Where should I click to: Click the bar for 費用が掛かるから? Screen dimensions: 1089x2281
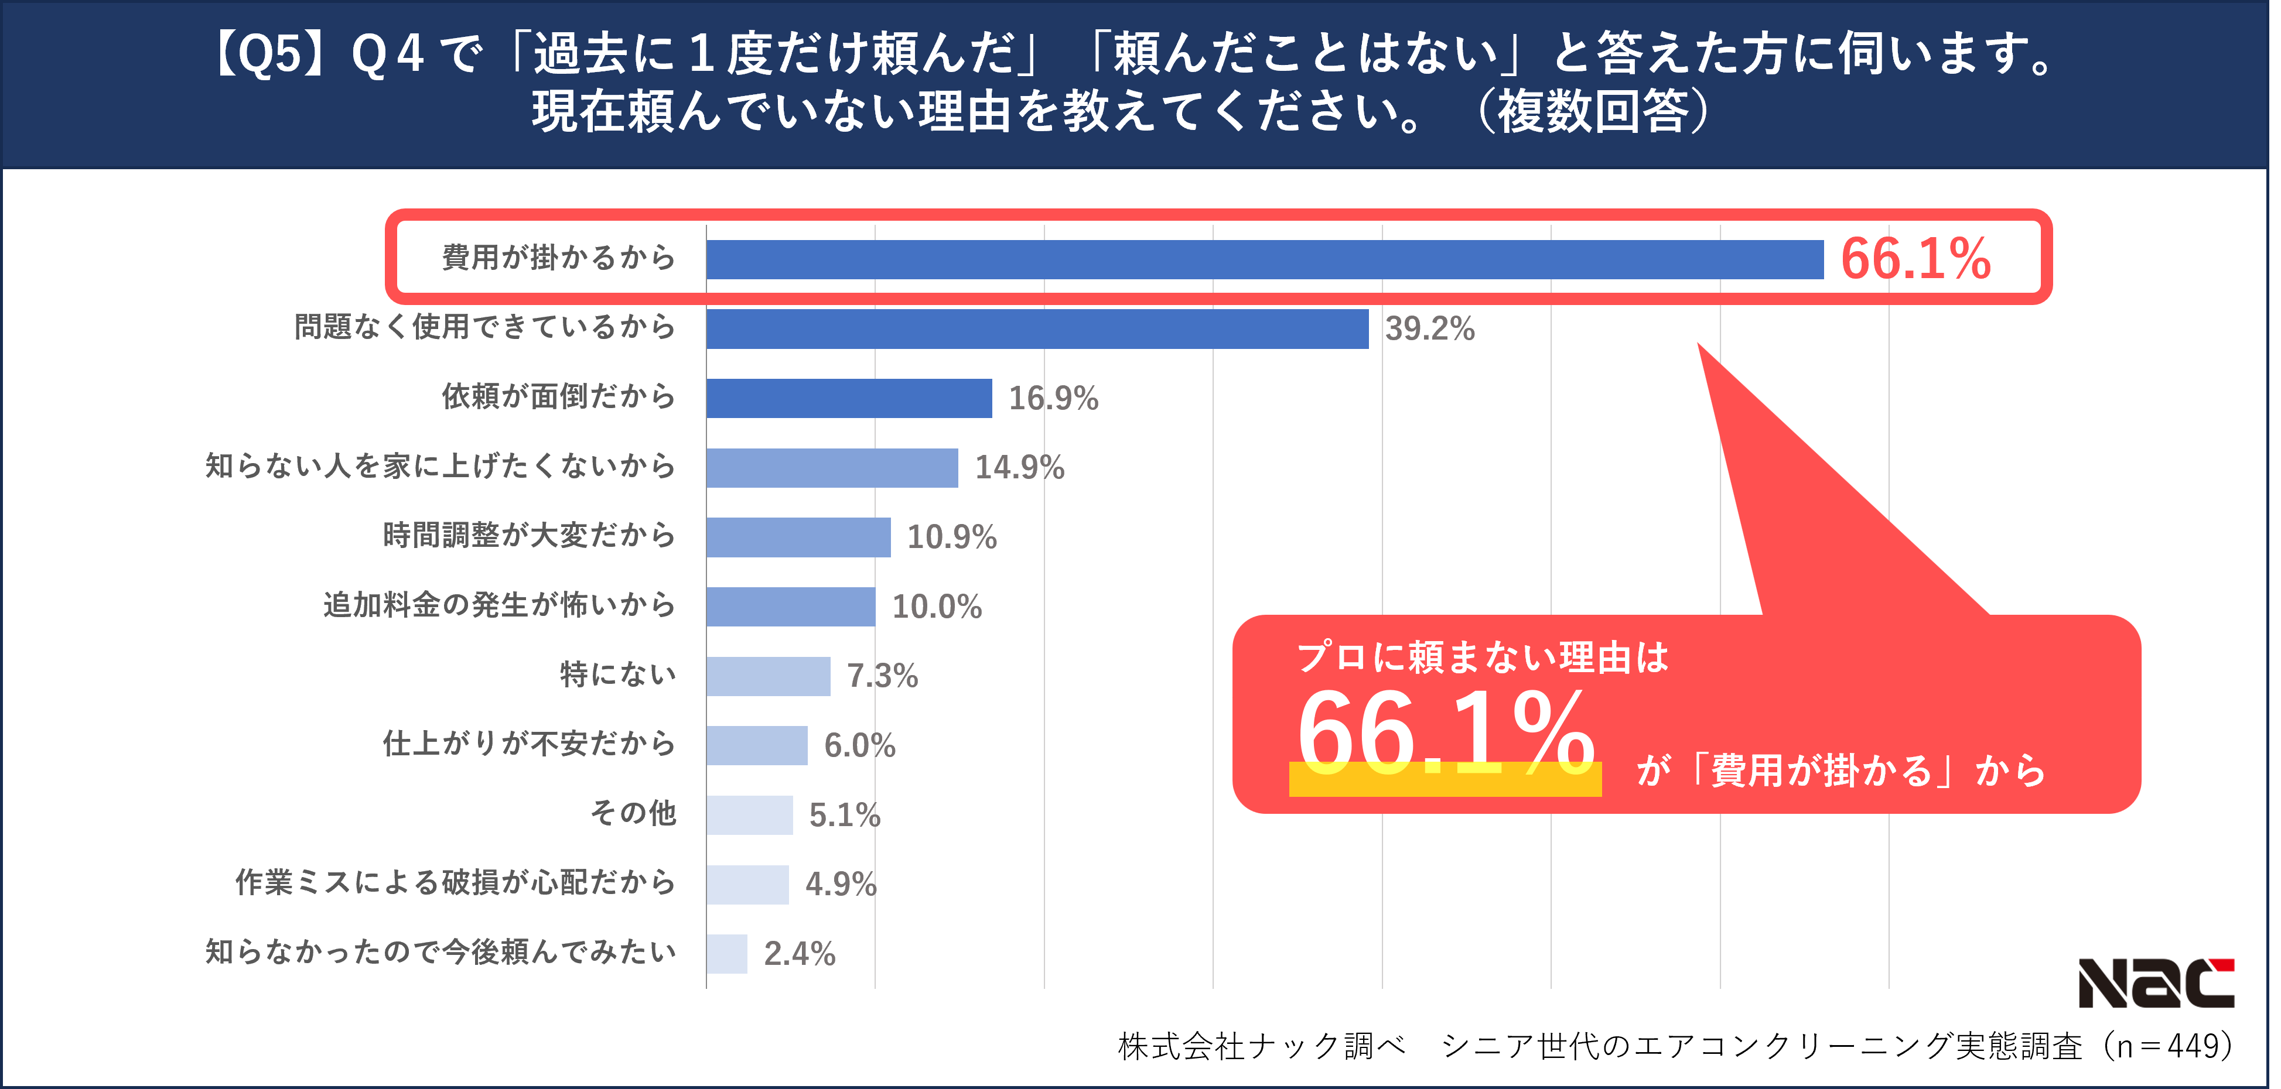tap(1265, 259)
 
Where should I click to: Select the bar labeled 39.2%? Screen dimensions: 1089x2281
tap(1037, 328)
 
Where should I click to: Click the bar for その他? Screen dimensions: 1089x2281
tap(749, 814)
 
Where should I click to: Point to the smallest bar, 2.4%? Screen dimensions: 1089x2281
tap(727, 954)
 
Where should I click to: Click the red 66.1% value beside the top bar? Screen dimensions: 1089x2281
tap(1915, 259)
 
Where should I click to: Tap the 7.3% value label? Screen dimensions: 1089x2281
tap(882, 676)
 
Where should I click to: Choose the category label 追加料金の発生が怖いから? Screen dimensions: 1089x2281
tap(498, 605)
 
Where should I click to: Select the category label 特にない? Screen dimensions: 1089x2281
tap(617, 674)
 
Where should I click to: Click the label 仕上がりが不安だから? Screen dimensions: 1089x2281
tap(528, 744)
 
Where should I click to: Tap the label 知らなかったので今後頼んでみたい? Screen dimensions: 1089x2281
tap(440, 952)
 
